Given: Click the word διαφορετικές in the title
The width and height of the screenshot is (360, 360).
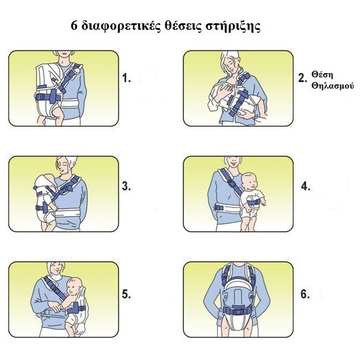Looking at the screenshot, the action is coord(121,27).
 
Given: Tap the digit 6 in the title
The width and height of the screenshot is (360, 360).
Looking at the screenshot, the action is coord(74,25).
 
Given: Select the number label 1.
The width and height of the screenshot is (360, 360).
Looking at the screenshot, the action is coord(126,78).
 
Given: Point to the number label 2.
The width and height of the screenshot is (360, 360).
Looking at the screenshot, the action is coord(302,78).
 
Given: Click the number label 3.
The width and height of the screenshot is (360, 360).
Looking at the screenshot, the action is coord(126,186).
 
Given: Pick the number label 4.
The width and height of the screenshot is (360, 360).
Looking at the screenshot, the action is coord(305,186).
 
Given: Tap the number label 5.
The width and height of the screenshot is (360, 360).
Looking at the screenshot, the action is coord(126,294).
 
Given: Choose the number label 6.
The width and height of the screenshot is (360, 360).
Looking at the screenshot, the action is coord(305,294).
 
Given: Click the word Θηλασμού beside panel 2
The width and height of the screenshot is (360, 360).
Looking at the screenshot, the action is coord(333,86).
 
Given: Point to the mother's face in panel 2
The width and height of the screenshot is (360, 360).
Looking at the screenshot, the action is coord(233,64).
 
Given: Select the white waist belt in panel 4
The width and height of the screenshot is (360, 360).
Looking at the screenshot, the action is coord(227,208).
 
